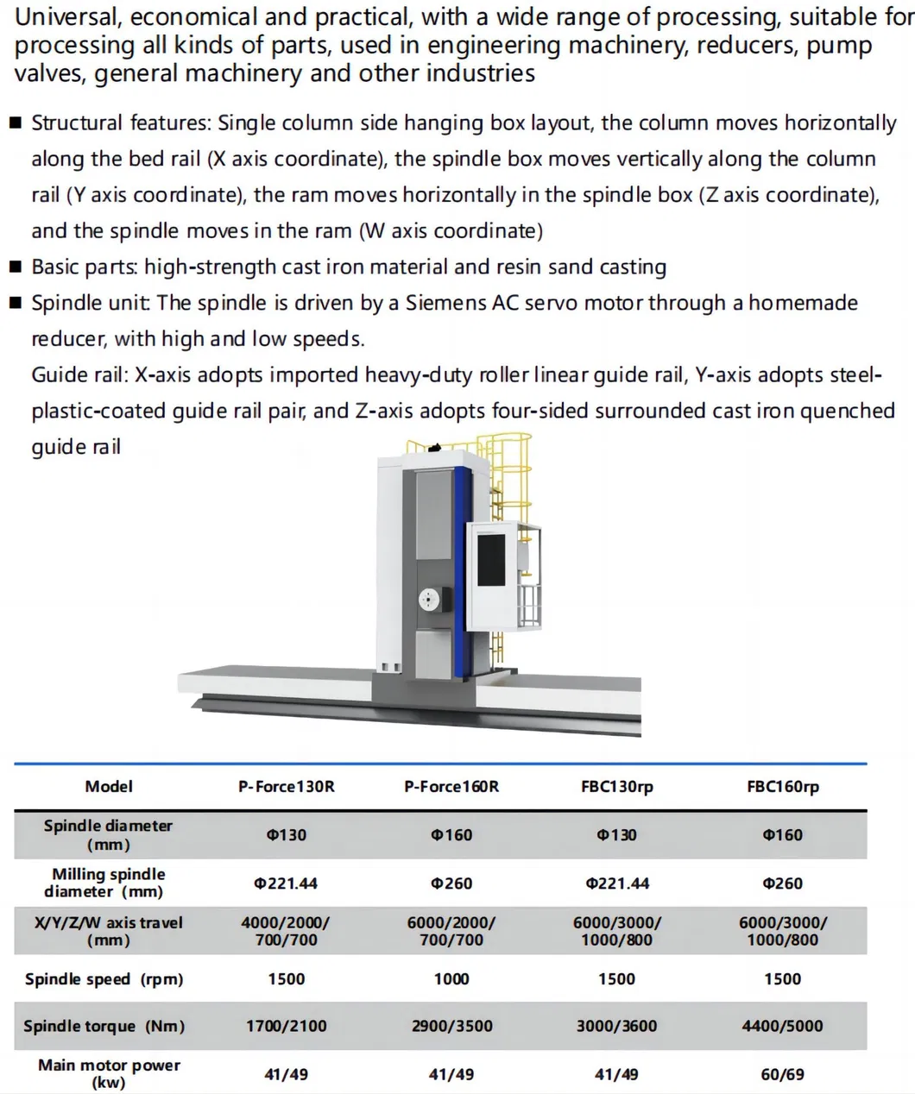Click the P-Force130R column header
pos(286,787)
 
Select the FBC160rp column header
pos(782,787)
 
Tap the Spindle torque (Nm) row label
pos(104,1027)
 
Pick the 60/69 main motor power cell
pos(782,1075)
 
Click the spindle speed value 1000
pos(451,979)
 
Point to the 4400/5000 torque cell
pos(782,1027)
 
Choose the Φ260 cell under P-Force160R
pos(451,883)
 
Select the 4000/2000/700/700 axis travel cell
pos(286,931)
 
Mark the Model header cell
pos(109,787)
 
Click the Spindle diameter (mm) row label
pos(109,835)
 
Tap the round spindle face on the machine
pos(430,600)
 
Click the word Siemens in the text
pos(445,304)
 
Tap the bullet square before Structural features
pos(16,123)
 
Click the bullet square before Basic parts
pos(16,267)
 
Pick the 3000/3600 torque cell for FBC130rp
pos(616,1027)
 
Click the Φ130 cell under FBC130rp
pos(616,835)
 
